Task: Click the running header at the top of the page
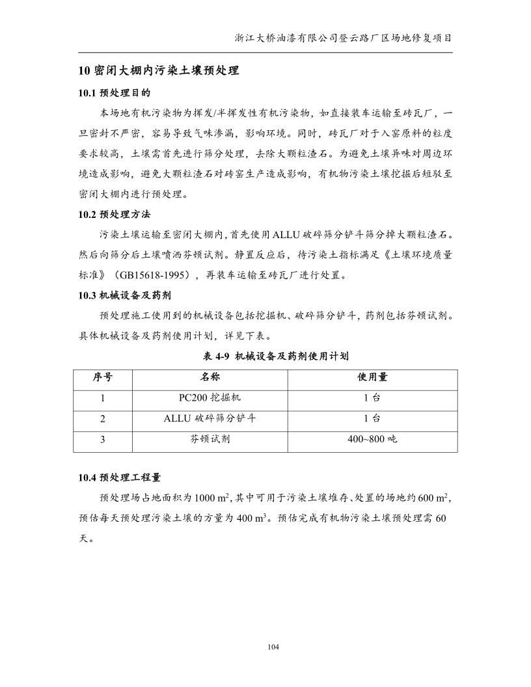pos(343,38)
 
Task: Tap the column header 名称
pos(210,378)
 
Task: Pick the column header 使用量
pos(372,378)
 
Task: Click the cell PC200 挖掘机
pos(210,398)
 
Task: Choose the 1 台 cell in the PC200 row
pos(372,398)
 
